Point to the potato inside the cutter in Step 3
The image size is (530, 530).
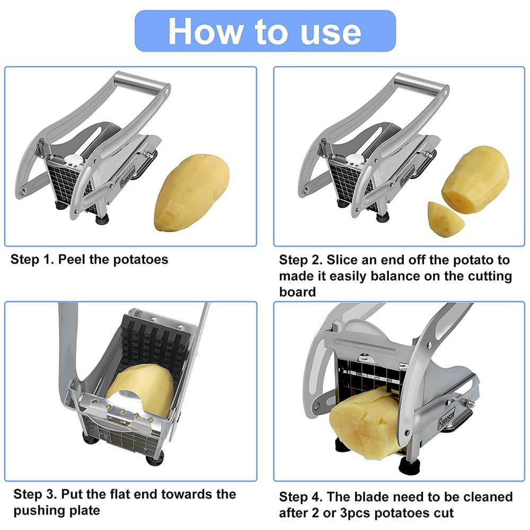[x=140, y=390]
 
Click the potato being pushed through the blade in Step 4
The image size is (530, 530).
[x=366, y=421]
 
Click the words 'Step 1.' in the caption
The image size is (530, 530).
[x=32, y=260]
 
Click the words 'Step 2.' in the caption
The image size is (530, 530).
[x=301, y=260]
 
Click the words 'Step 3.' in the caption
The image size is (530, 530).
[x=34, y=494]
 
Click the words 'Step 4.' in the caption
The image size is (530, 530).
[x=301, y=497]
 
